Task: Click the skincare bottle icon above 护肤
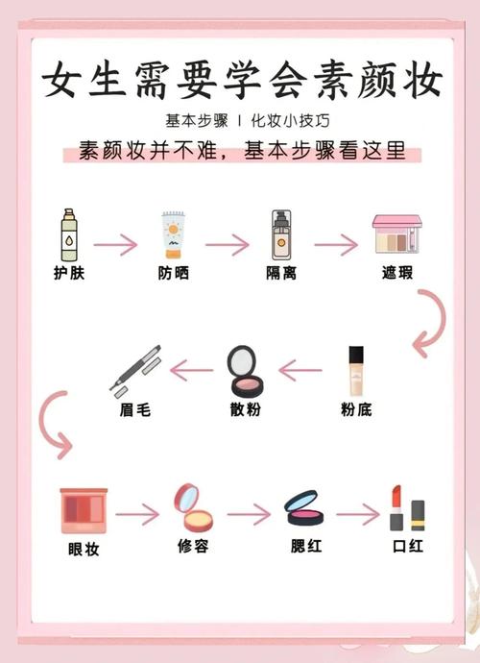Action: click(x=69, y=234)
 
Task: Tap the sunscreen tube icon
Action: click(x=174, y=235)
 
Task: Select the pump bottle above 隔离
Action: click(x=281, y=234)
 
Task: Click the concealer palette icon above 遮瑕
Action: click(x=397, y=234)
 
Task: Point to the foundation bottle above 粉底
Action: click(x=356, y=371)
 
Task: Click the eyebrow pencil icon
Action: click(x=135, y=371)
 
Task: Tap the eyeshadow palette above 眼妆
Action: click(x=84, y=511)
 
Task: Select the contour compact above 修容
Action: click(x=193, y=507)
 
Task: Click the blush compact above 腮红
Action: click(x=304, y=508)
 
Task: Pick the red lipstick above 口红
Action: click(x=396, y=508)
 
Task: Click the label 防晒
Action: click(x=174, y=273)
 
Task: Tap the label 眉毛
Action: click(x=135, y=409)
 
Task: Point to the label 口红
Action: click(x=408, y=546)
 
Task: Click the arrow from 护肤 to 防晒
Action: click(x=115, y=244)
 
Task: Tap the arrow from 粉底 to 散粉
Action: click(x=300, y=370)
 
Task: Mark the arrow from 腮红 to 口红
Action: click(x=358, y=514)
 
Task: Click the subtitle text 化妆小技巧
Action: click(x=290, y=121)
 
